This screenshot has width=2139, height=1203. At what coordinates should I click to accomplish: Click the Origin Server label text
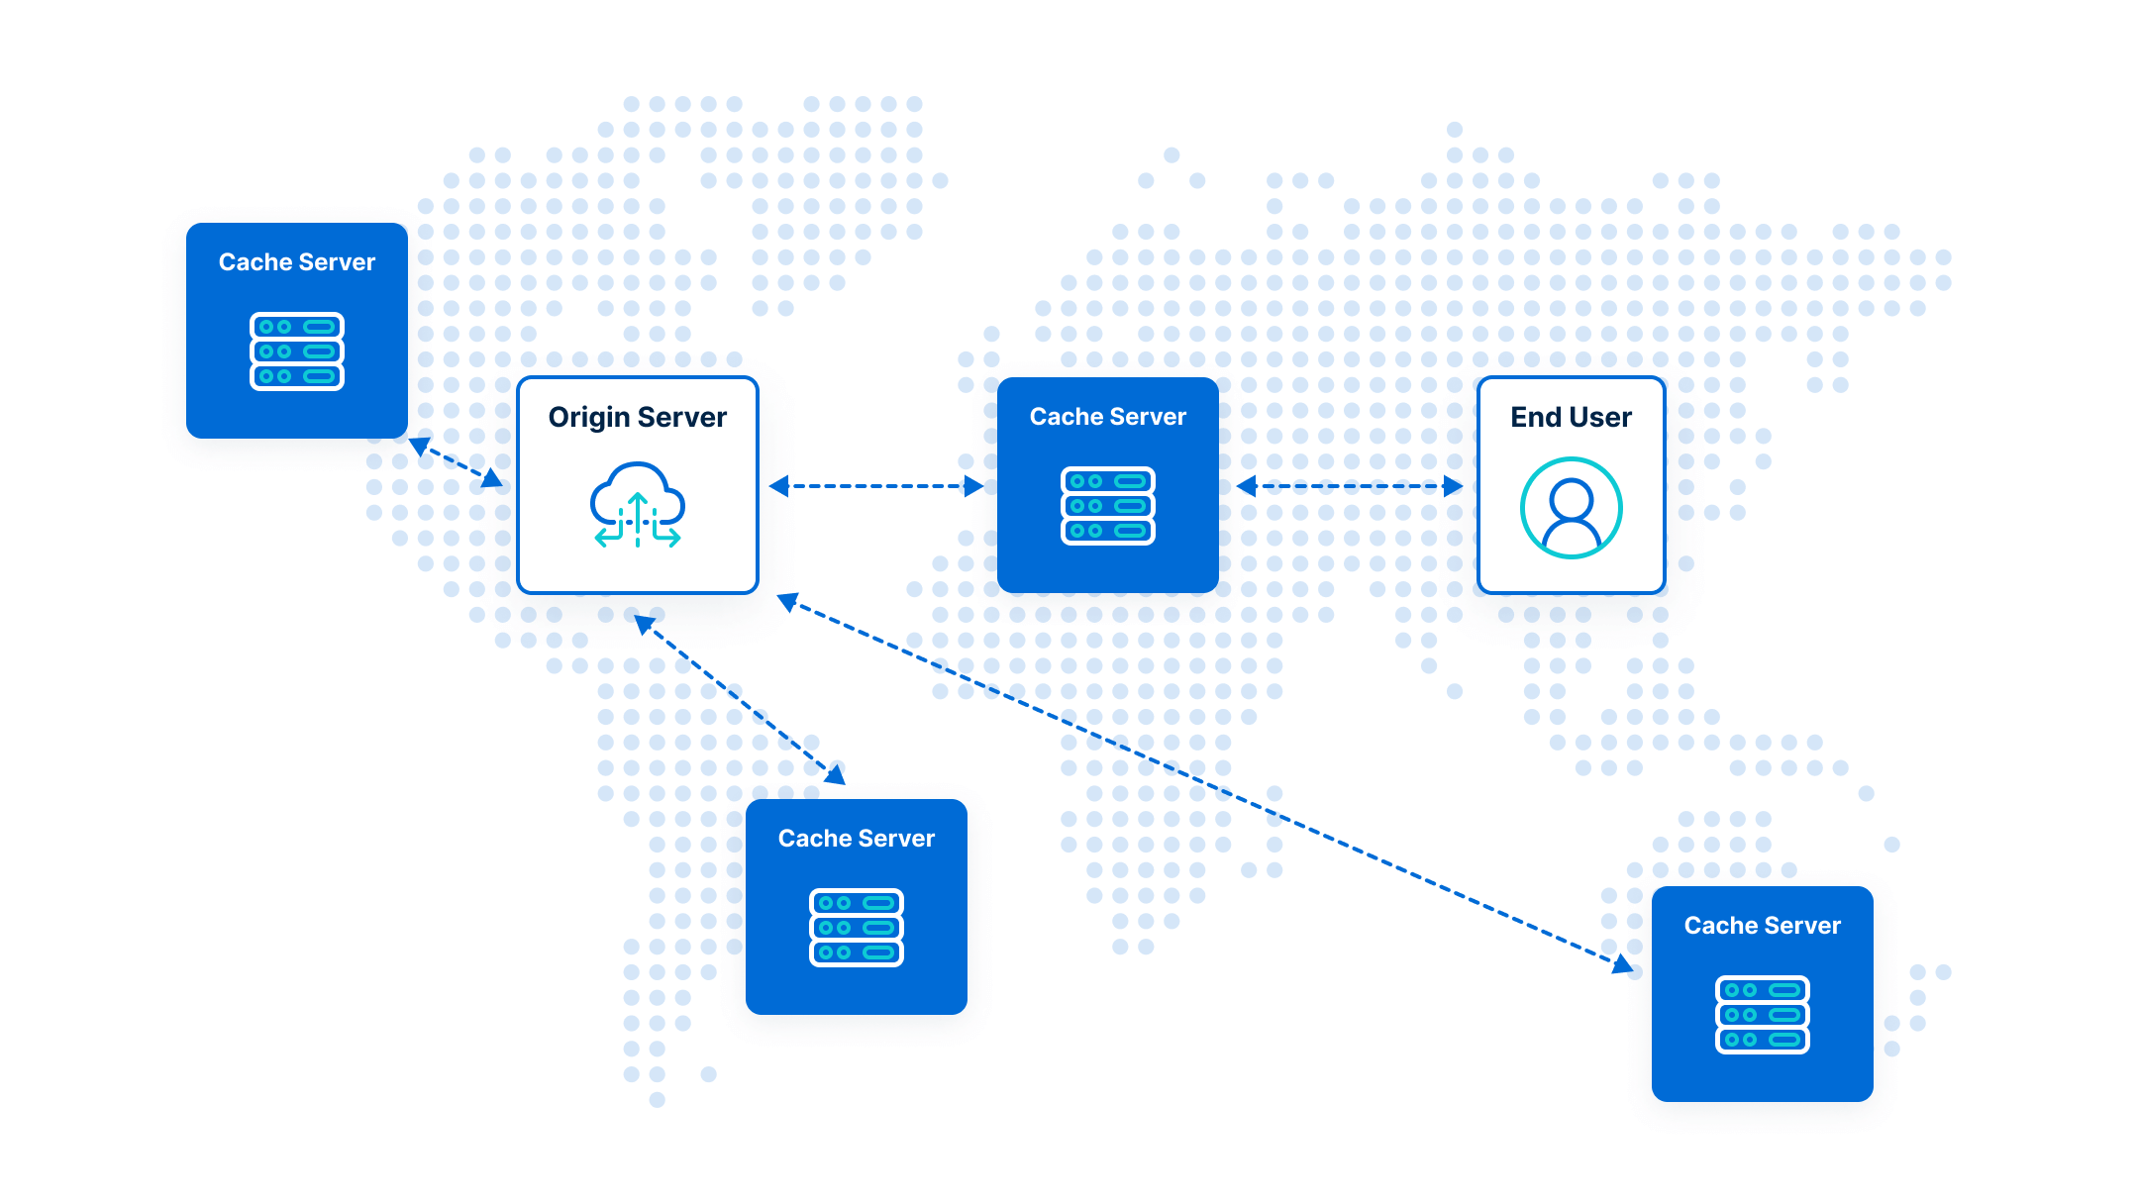pos(637,418)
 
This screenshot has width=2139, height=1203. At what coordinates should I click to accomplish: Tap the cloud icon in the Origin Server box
pos(637,504)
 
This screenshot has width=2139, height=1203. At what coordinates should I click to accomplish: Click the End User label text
pos(1571,418)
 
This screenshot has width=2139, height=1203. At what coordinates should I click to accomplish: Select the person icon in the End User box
pos(1571,508)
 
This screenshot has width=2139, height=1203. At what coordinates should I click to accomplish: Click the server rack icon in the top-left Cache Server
pos(297,351)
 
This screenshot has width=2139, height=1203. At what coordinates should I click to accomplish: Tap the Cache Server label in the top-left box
pos(297,262)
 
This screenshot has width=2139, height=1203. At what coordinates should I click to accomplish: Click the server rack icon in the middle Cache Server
pos(1107,506)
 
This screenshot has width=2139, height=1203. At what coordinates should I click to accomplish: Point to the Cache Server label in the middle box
pos(1107,417)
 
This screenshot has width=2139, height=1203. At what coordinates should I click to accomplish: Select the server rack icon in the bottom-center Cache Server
pos(857,928)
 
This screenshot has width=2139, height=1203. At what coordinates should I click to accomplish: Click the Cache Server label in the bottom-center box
pos(857,839)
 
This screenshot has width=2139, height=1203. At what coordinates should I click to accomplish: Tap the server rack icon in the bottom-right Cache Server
pos(1762,1015)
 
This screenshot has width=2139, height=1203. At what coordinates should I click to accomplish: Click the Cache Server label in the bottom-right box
pos(1762,926)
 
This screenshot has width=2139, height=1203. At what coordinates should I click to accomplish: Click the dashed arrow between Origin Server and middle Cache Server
pos(876,486)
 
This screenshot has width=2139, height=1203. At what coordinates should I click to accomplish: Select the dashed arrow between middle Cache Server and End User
pos(1349,486)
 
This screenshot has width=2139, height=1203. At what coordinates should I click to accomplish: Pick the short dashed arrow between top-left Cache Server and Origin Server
pos(457,462)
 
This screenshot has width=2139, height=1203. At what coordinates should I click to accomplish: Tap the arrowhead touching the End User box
pos(1454,486)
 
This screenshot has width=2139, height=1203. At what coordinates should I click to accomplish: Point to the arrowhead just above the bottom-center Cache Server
pos(837,774)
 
